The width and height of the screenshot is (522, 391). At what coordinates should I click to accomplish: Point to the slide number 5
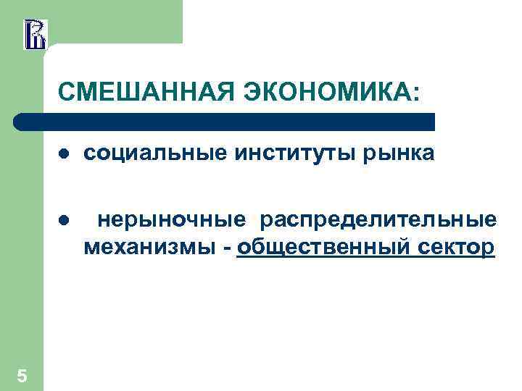click(22, 375)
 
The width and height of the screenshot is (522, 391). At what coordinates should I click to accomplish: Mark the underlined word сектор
click(457, 247)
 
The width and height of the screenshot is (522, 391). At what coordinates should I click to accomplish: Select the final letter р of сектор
click(489, 248)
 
